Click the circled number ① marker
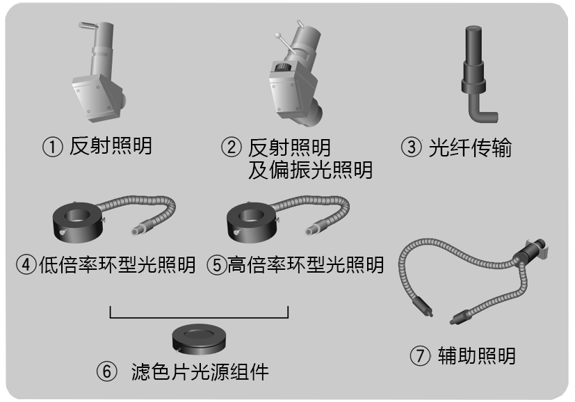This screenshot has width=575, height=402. [x=52, y=147]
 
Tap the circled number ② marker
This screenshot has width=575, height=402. [x=232, y=147]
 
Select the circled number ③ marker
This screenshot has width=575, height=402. [x=411, y=147]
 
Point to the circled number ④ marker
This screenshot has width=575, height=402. [x=26, y=264]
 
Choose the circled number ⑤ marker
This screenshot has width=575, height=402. [x=217, y=264]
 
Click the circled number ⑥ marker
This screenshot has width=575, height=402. [x=106, y=371]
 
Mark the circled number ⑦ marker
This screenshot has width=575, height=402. [x=420, y=356]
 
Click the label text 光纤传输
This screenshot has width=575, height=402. [x=470, y=147]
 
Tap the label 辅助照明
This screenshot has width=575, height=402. [x=477, y=356]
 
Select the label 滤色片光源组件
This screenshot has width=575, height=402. [x=200, y=371]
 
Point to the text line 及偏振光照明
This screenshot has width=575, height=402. [x=310, y=170]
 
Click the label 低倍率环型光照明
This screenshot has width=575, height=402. [x=117, y=264]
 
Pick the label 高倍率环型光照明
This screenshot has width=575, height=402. [x=305, y=264]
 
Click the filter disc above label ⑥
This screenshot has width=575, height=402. [x=199, y=339]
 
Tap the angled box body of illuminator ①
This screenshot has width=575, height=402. [x=96, y=97]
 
